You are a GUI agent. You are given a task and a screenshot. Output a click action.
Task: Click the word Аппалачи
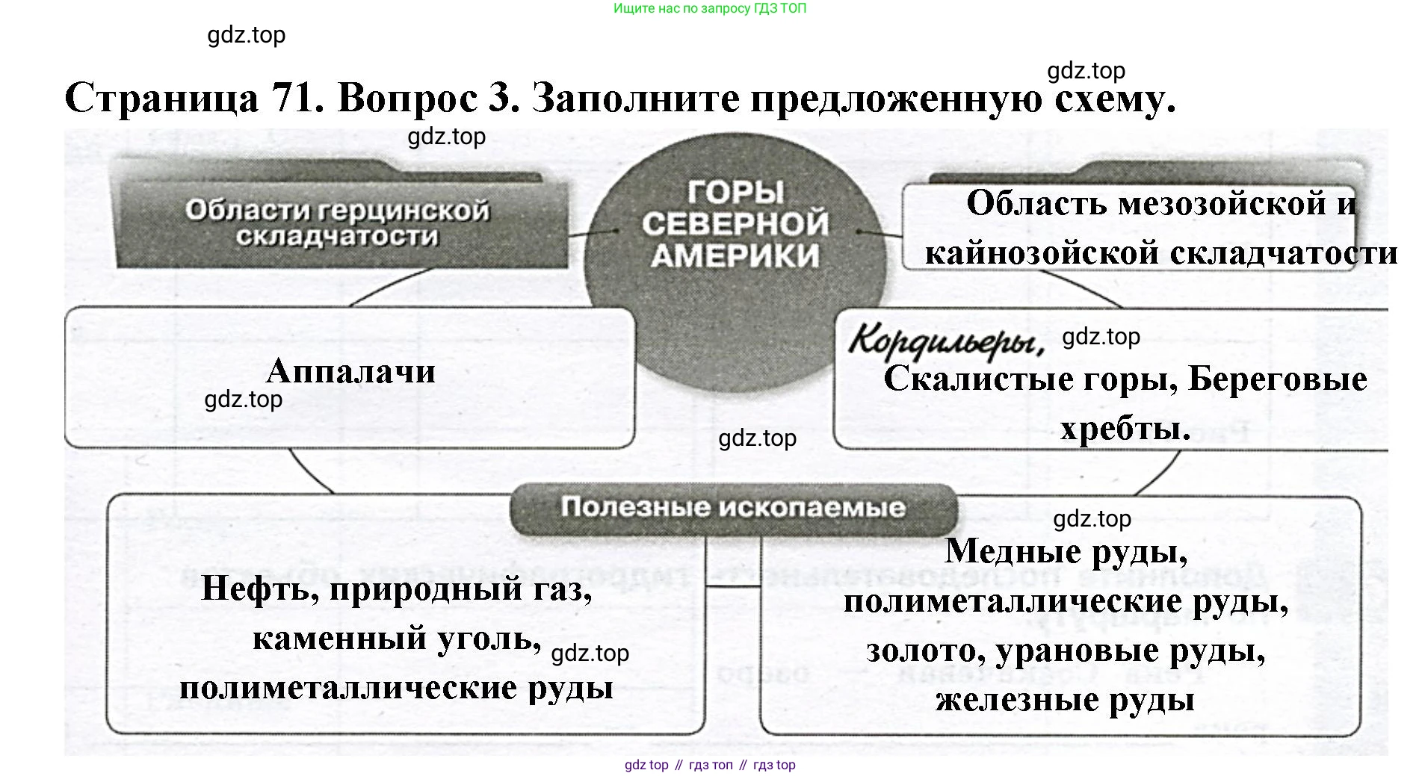pyautogui.click(x=350, y=371)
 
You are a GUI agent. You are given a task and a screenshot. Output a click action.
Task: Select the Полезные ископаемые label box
pyautogui.click(x=732, y=508)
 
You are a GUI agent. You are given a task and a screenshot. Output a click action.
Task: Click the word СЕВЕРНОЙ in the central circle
pyautogui.click(x=735, y=223)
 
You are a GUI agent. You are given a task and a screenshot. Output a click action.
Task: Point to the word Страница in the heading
pyautogui.click(x=162, y=99)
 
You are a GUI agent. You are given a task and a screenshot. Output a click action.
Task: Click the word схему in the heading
pyautogui.click(x=1116, y=99)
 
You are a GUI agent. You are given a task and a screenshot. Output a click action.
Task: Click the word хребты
pyautogui.click(x=1125, y=429)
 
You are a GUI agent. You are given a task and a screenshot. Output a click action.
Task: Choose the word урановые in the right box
pyautogui.click(x=1076, y=651)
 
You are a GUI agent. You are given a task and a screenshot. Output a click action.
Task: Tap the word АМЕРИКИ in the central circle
pyautogui.click(x=735, y=255)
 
